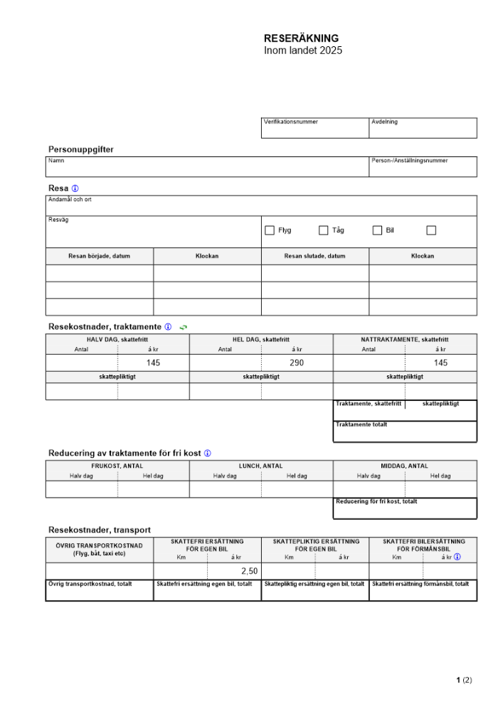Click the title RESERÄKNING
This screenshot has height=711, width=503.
pyautogui.click(x=301, y=38)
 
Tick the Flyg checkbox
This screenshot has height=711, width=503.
pyautogui.click(x=270, y=230)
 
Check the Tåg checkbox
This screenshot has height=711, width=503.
pyautogui.click(x=323, y=230)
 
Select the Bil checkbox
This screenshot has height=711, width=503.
pyautogui.click(x=378, y=230)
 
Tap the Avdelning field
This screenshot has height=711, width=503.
pyautogui.click(x=423, y=128)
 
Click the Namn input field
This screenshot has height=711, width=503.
pyautogui.click(x=207, y=167)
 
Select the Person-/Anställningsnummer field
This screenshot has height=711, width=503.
pyautogui.click(x=423, y=167)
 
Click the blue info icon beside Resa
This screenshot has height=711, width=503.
pyautogui.click(x=75, y=188)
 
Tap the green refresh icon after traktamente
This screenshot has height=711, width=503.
pyautogui.click(x=184, y=327)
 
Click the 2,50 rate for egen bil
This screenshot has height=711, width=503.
pyautogui.click(x=249, y=571)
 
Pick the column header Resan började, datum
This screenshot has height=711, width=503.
pyautogui.click(x=100, y=256)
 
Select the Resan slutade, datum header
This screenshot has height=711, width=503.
pyautogui.click(x=314, y=256)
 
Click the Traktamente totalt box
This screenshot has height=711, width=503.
pyautogui.click(x=405, y=432)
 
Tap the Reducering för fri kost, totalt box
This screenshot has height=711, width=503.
pyautogui.click(x=405, y=508)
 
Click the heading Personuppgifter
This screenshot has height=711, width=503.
pyautogui.click(x=80, y=149)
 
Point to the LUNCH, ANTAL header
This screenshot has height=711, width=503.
pyautogui.click(x=260, y=466)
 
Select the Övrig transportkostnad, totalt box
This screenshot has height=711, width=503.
pyautogui.click(x=100, y=591)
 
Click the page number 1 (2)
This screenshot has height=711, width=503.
pyautogui.click(x=464, y=680)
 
